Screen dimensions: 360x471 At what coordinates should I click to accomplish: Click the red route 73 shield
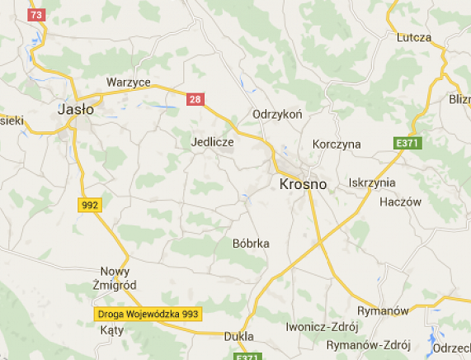(35, 15)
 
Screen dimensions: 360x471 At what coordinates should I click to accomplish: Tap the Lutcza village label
(414, 37)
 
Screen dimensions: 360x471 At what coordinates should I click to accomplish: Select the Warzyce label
(128, 83)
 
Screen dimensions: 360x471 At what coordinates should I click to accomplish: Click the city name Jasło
(76, 108)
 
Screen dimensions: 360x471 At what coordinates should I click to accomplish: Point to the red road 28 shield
(195, 99)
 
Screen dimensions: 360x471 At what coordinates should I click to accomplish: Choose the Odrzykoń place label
(278, 115)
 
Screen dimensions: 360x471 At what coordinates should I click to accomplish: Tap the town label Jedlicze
(212, 142)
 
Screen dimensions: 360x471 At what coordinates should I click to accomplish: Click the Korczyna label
(337, 144)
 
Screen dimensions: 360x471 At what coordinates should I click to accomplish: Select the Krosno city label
(304, 183)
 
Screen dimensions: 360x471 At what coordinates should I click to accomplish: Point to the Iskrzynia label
(372, 182)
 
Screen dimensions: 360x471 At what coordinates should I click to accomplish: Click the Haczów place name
(400, 201)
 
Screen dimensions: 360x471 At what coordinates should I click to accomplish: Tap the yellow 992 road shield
(90, 204)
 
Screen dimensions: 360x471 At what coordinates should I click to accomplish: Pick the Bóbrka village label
(251, 243)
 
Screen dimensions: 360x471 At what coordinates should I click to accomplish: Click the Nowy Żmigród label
(115, 277)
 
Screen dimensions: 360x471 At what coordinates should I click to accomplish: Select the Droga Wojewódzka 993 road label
(148, 315)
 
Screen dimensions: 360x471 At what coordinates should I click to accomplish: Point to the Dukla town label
(239, 336)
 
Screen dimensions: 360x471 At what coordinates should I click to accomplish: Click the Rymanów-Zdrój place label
(370, 344)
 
